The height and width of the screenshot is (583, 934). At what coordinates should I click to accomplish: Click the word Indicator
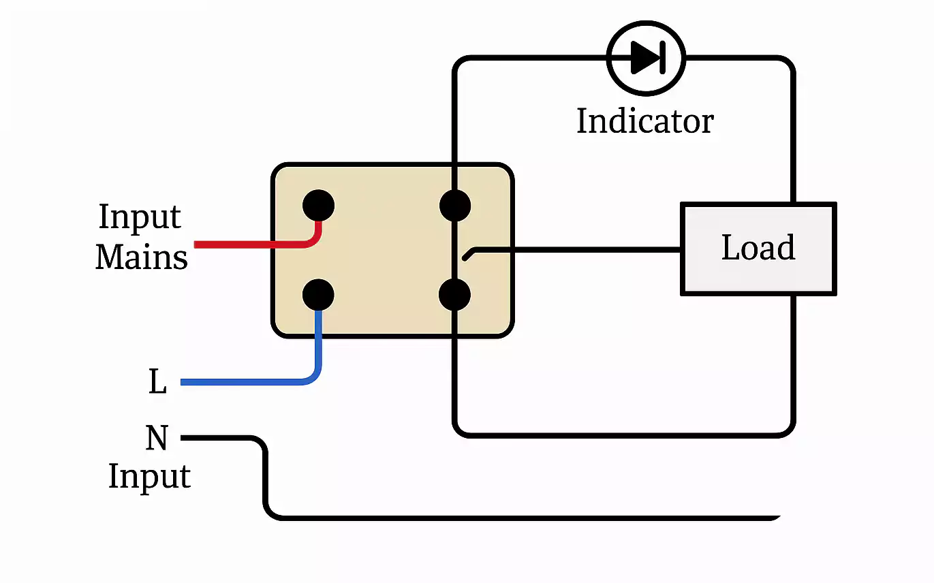pos(644,122)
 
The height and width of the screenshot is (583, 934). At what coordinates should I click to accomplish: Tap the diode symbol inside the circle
pos(646,58)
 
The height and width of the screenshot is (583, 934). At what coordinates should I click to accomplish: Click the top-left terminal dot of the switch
pos(318,205)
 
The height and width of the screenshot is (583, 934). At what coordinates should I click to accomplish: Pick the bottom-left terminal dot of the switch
pos(318,295)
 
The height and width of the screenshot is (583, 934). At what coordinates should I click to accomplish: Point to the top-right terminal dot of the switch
pos(455,205)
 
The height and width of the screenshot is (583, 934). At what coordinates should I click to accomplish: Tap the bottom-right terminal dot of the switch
pos(455,295)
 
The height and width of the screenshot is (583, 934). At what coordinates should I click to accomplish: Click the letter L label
pos(157,383)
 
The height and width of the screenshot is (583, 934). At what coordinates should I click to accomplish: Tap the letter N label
pos(157,438)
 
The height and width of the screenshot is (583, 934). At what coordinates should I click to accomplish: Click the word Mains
pos(142,257)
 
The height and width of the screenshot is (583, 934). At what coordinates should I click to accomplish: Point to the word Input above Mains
pos(140,217)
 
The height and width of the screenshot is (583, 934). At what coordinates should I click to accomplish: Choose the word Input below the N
pos(149,476)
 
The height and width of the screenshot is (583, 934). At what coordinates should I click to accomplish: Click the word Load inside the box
pos(758,248)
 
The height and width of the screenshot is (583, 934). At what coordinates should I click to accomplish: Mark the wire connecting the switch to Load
pos(579,249)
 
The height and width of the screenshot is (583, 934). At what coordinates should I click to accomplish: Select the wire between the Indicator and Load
pos(792,129)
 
